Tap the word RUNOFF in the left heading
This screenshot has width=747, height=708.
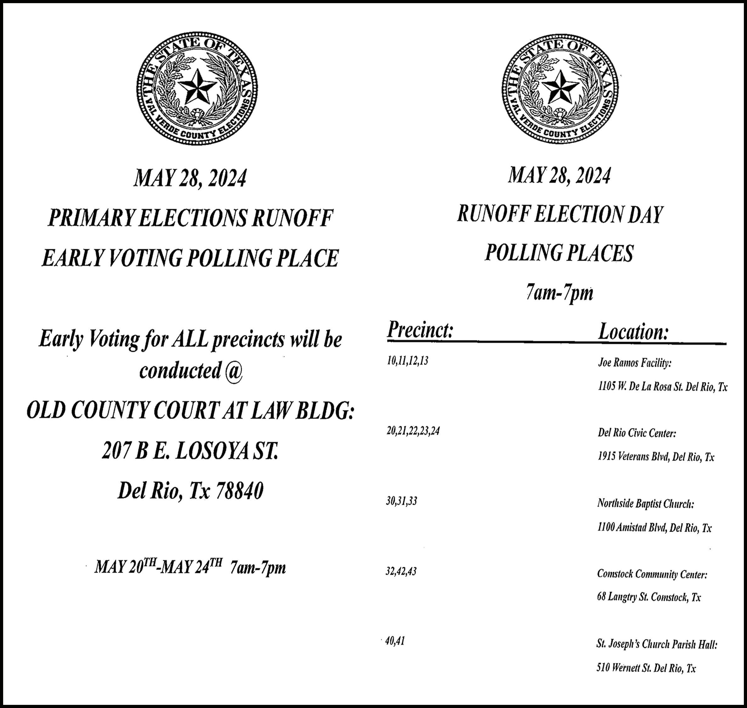[x=292, y=218]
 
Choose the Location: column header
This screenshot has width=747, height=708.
[x=634, y=332]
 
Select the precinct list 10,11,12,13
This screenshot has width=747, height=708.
[x=408, y=361]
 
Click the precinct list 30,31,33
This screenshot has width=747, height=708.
[x=401, y=501]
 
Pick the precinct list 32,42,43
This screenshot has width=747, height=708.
[x=401, y=571]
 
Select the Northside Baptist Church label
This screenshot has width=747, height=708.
[x=645, y=503]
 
